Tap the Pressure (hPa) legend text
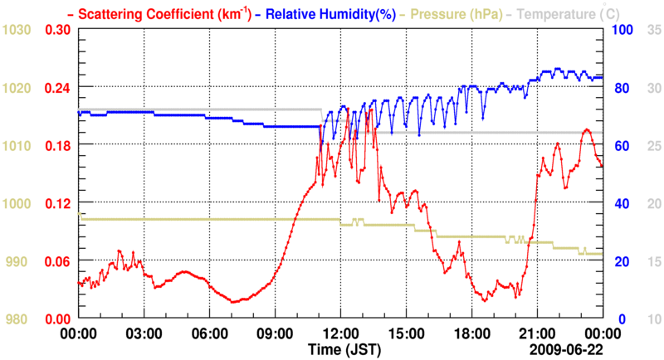pos(453,13)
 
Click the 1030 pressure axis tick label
pos(17,30)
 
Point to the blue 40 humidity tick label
pos(619,203)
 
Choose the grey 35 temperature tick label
pos(653,30)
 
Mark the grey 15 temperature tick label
pos(653,261)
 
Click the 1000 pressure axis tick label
pos(17,203)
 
